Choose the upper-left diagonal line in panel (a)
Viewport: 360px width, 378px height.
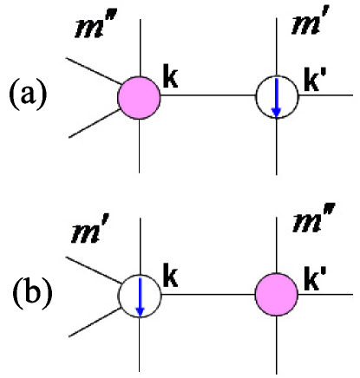pos(94,71)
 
